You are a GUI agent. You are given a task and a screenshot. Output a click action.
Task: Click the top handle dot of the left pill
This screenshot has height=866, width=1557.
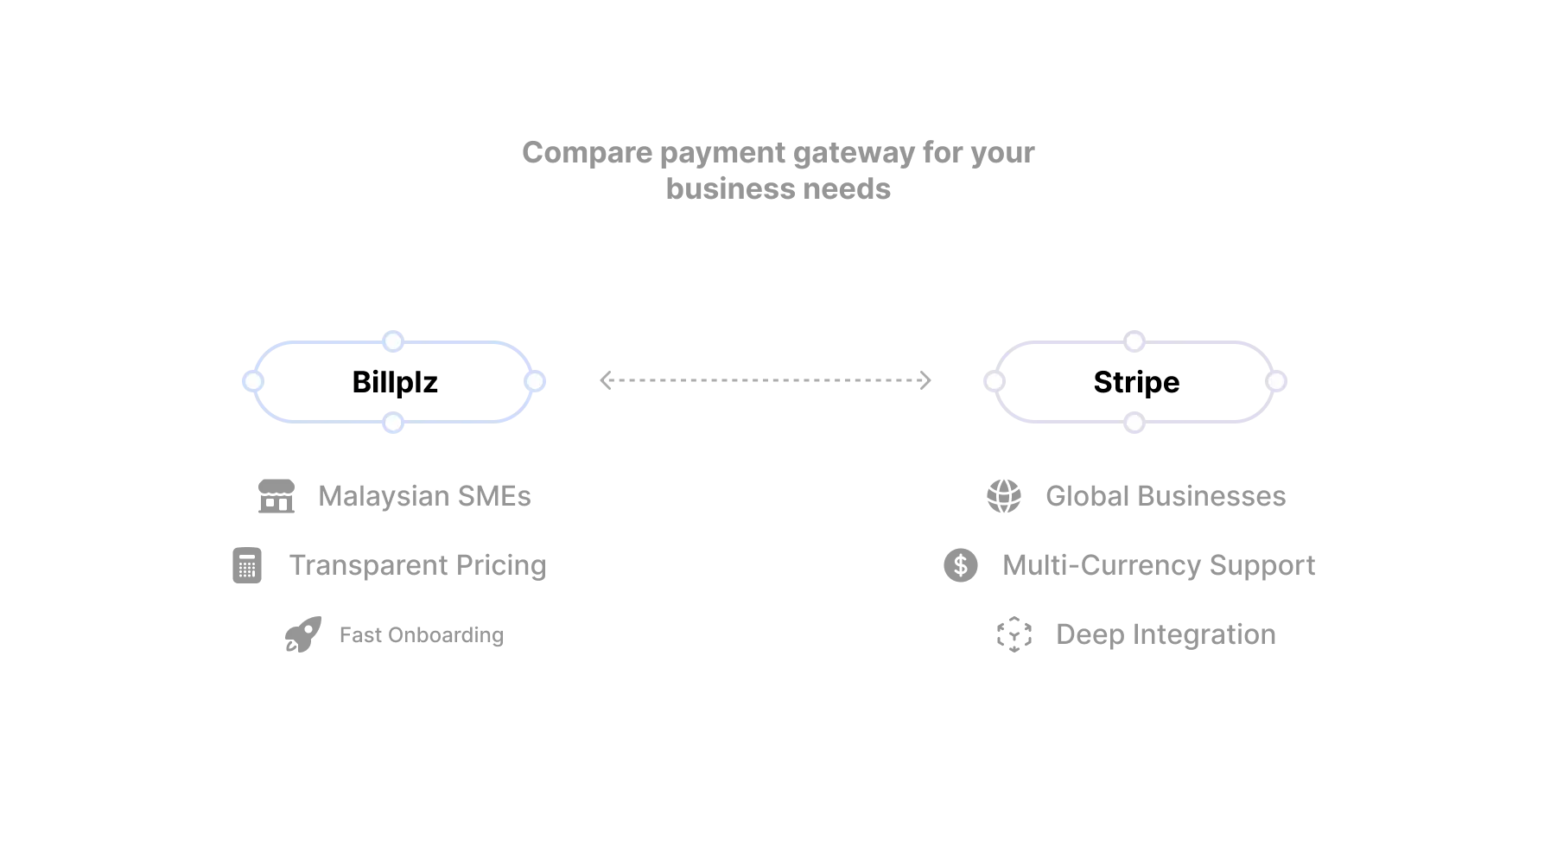(x=393, y=341)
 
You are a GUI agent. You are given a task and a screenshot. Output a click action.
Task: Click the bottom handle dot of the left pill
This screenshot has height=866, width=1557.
(x=393, y=423)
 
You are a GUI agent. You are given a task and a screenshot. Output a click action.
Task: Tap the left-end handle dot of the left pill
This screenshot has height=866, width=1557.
(x=253, y=381)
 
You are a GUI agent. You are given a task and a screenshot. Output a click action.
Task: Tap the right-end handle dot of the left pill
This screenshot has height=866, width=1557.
(x=535, y=381)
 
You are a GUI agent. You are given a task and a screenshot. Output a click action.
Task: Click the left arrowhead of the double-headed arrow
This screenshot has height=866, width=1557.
(x=605, y=380)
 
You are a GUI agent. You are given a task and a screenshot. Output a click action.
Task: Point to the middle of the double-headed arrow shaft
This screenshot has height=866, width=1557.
(x=765, y=380)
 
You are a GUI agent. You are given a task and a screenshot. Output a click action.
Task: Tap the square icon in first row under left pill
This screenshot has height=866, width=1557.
(x=276, y=498)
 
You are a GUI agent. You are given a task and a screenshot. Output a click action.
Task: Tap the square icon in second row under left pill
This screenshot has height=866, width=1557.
(x=245, y=567)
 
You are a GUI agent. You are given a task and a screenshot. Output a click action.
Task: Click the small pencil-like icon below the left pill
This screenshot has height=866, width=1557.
(x=302, y=636)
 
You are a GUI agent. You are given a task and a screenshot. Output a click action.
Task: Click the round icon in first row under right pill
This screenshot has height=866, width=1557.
(x=1003, y=497)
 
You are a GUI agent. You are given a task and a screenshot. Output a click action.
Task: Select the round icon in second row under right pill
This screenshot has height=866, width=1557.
(x=961, y=567)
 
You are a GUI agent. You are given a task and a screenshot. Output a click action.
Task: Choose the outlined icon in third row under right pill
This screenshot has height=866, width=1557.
(x=1015, y=636)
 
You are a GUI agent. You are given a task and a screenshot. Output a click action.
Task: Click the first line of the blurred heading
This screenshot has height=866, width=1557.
(x=775, y=154)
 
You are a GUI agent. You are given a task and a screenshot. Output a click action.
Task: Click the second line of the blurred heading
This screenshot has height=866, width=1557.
(x=776, y=188)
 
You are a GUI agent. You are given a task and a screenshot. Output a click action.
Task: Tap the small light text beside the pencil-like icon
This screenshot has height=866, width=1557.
(x=421, y=636)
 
